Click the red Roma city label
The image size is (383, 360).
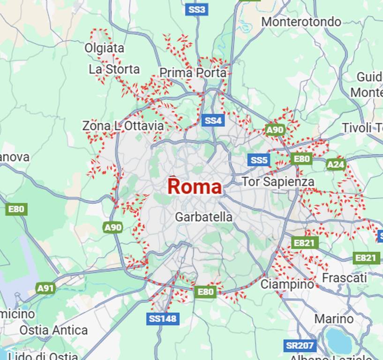tap(195, 187)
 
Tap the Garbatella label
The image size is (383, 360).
tap(203, 217)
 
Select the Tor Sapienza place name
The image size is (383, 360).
tap(278, 182)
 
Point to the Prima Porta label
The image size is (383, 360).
tap(193, 73)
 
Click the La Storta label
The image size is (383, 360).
tap(114, 69)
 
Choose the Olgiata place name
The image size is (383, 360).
tap(104, 48)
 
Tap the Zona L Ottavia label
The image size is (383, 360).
tap(123, 126)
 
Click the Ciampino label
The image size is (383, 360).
tap(287, 284)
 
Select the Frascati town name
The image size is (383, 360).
tap(344, 278)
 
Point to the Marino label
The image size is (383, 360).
tap(334, 319)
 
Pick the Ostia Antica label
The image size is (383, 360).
tap(53, 330)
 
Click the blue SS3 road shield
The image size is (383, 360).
tap(196, 9)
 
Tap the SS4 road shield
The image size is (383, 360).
tap(213, 121)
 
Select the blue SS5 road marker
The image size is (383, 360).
tap(258, 160)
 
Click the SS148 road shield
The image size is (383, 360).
tap(163, 319)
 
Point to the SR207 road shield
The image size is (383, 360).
tap(299, 346)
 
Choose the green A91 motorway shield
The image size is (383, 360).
tap(45, 288)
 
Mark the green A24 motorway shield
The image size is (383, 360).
tap(336, 165)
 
